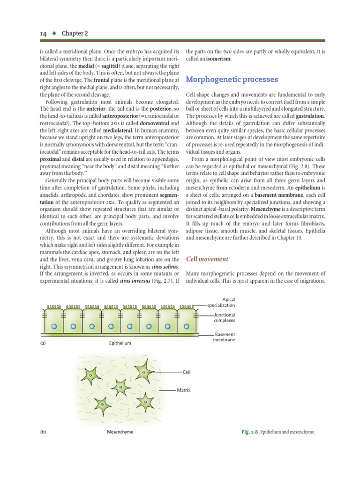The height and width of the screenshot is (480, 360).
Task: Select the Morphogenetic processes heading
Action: click(x=232, y=79)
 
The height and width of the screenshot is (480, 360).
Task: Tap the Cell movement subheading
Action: click(x=207, y=259)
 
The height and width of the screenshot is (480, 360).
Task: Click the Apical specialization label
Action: click(x=224, y=302)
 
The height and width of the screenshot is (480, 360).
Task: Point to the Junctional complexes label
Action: click(x=224, y=318)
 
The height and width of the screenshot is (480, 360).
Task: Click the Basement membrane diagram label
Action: click(x=225, y=337)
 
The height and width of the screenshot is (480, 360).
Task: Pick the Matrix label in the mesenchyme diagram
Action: click(x=184, y=390)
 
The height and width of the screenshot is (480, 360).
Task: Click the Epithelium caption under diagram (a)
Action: click(x=120, y=343)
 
